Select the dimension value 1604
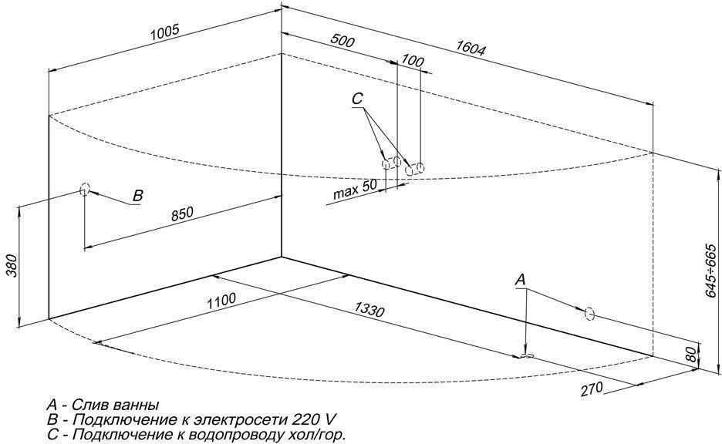click(470, 48)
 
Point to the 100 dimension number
click(413, 62)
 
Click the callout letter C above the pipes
click(356, 99)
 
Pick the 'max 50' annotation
click(355, 190)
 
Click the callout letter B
click(137, 196)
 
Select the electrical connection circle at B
click(84, 189)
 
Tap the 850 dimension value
click(182, 212)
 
